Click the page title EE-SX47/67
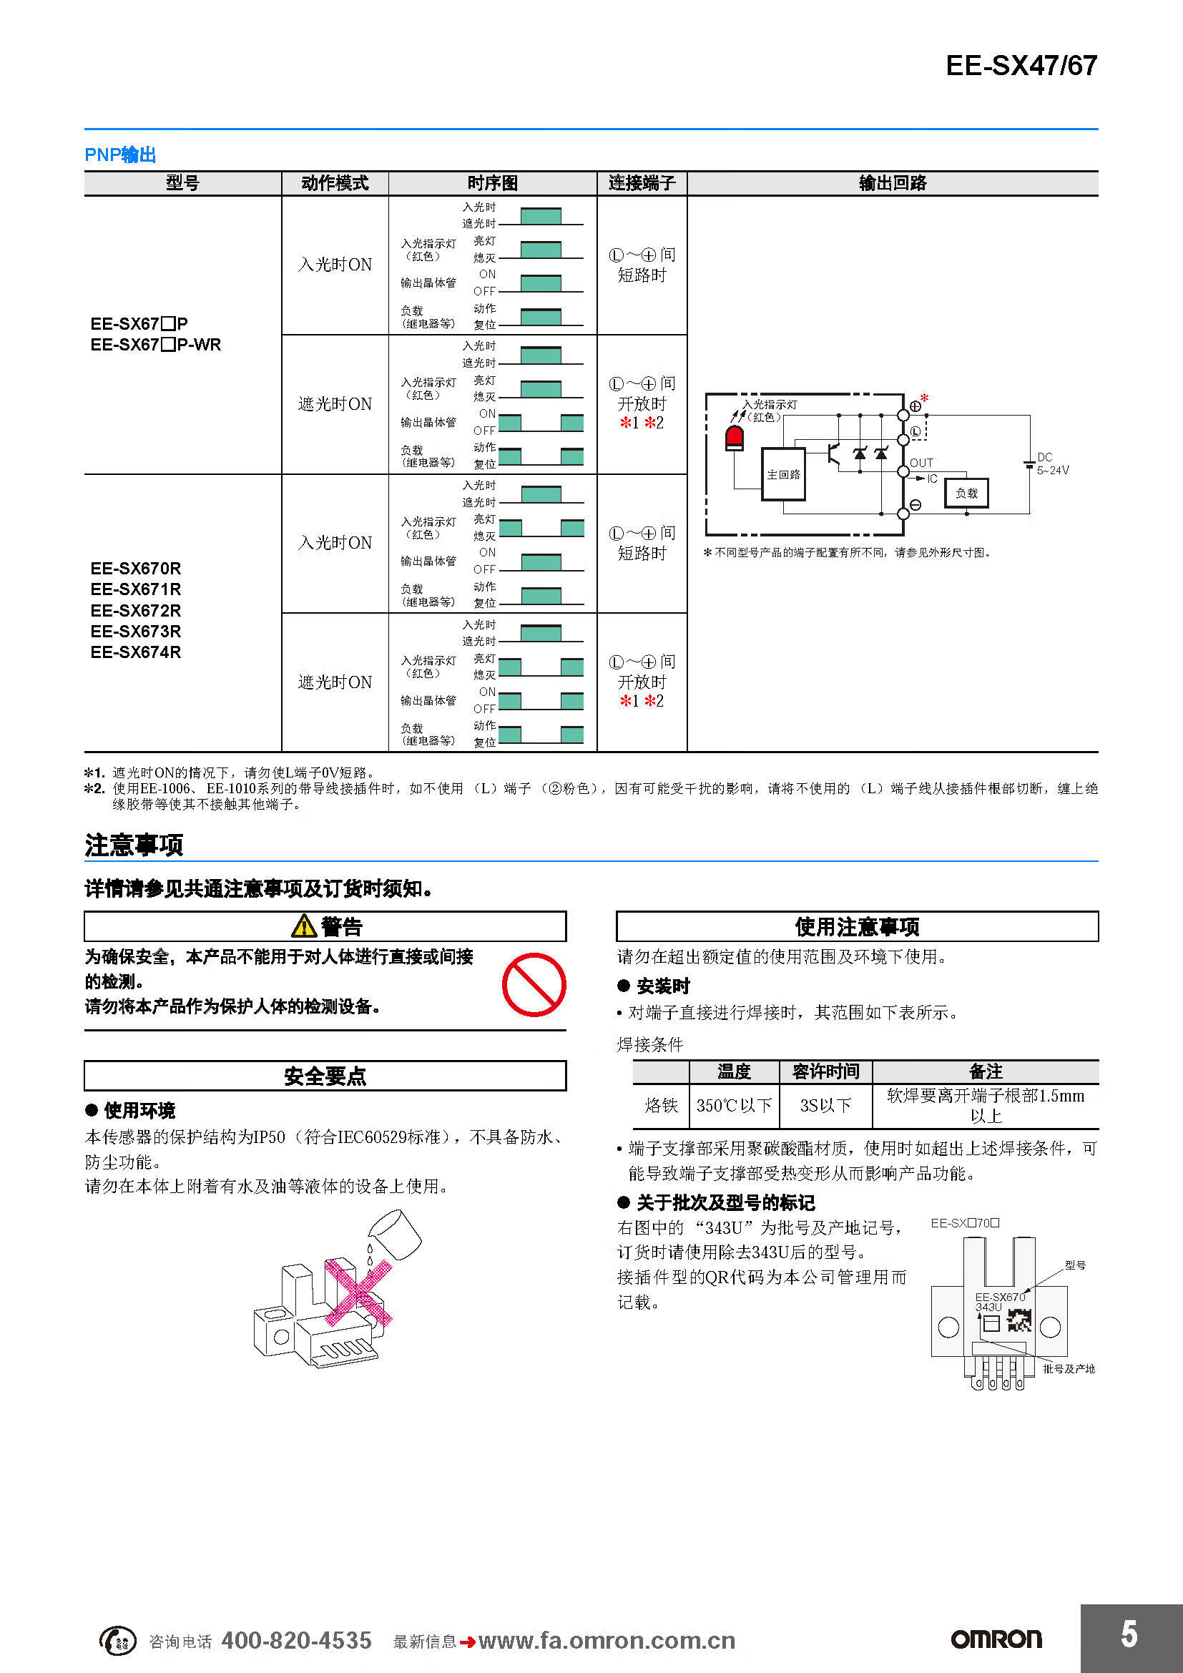pyautogui.click(x=1021, y=66)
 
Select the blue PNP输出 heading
pyautogui.click(x=120, y=154)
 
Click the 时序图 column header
pyautogui.click(x=492, y=183)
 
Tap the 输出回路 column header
pyautogui.click(x=893, y=183)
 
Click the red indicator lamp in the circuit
pyautogui.click(x=735, y=438)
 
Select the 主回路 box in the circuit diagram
pyautogui.click(x=783, y=474)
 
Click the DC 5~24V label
pyautogui.click(x=1053, y=463)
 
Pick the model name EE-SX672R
pyautogui.click(x=135, y=611)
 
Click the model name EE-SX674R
pyautogui.click(x=135, y=652)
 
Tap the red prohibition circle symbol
pyautogui.click(x=534, y=984)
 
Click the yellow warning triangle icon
pyautogui.click(x=304, y=926)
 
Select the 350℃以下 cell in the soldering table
pyautogui.click(x=734, y=1105)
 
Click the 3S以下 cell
pyautogui.click(x=825, y=1105)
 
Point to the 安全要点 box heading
pyautogui.click(x=325, y=1076)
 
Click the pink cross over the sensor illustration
pyautogui.click(x=358, y=1291)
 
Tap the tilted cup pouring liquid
pyautogui.click(x=396, y=1235)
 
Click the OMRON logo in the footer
pyautogui.click(x=996, y=1639)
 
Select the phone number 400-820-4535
pyautogui.click(x=297, y=1640)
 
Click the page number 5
pyautogui.click(x=1129, y=1634)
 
